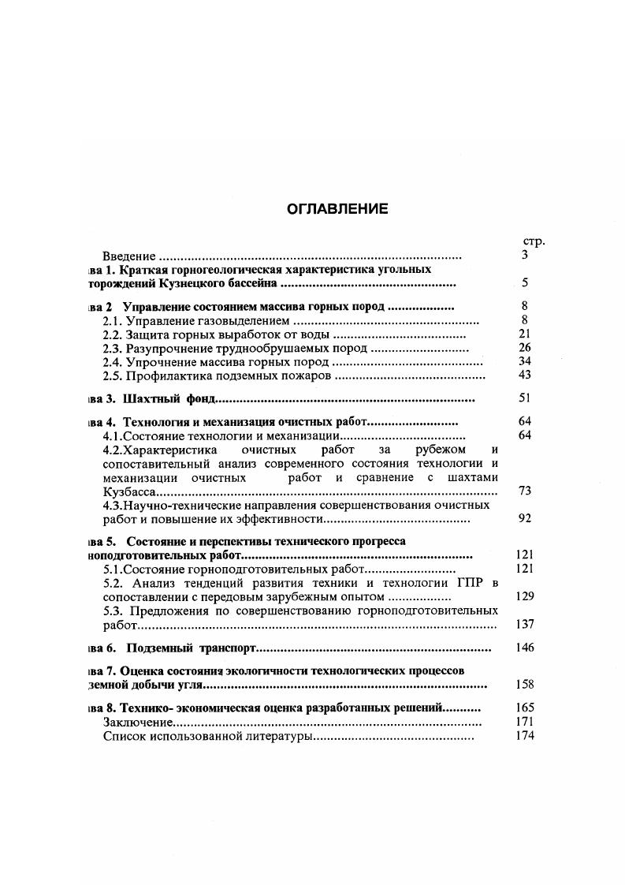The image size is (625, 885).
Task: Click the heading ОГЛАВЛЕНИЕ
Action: [x=337, y=209]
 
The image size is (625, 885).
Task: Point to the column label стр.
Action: [x=534, y=241]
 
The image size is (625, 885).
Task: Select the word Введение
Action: [x=130, y=256]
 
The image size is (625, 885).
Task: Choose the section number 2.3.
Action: [x=113, y=348]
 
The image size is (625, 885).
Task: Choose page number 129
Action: [x=524, y=596]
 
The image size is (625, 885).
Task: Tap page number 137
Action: [x=524, y=624]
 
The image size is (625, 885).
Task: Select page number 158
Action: [x=524, y=685]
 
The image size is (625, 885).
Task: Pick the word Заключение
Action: [x=138, y=723]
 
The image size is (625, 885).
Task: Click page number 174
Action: [x=524, y=736]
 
